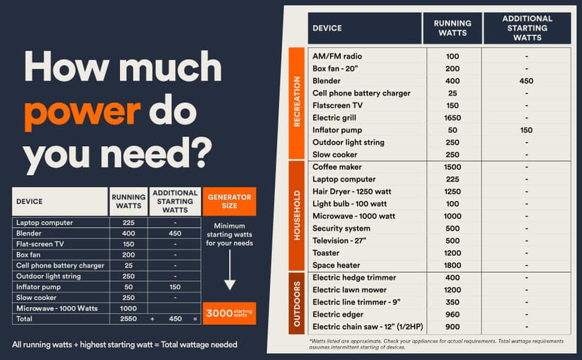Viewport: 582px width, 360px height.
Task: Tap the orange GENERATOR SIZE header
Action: pos(229,201)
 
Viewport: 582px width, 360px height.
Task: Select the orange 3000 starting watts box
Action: pos(229,313)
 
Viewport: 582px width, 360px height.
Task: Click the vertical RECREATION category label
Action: pos(297,103)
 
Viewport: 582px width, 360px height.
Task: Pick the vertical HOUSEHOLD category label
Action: pos(297,216)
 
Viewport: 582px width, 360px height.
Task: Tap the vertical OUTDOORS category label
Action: pos(297,302)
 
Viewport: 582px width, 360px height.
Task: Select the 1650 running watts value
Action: pos(452,117)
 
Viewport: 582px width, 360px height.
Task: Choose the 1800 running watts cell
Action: pos(452,265)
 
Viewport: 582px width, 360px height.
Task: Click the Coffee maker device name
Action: pos(337,167)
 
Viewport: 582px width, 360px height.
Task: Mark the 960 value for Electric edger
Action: pos(452,314)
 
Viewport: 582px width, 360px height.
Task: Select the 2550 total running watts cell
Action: pos(128,319)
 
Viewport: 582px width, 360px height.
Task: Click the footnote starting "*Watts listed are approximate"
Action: pos(436,344)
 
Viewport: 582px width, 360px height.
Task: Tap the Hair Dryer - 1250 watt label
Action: pos(356,191)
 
